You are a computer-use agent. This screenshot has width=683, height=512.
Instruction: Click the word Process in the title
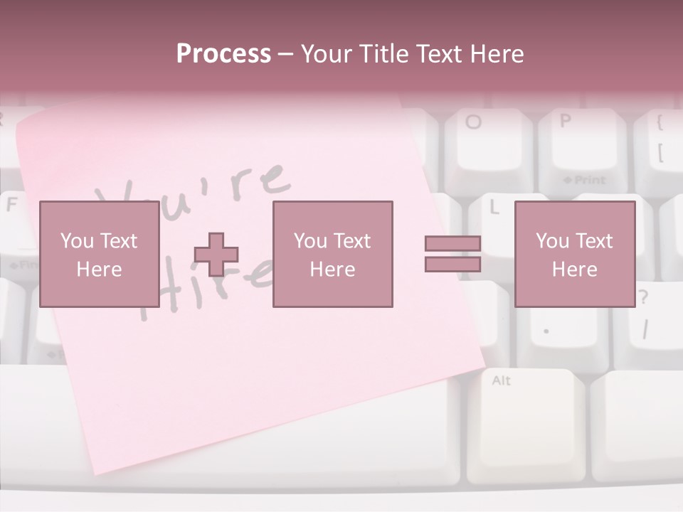point(223,54)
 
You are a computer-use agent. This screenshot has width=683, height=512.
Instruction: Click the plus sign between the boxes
point(216,255)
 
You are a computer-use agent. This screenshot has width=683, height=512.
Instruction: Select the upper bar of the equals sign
point(452,244)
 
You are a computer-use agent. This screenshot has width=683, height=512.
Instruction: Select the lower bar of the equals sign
point(452,264)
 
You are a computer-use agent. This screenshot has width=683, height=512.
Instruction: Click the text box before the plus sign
point(99,255)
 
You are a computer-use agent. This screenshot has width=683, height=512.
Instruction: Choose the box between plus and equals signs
point(332,255)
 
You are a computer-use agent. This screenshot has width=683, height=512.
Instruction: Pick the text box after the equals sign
point(574,255)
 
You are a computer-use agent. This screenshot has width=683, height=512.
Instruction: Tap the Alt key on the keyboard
point(501,381)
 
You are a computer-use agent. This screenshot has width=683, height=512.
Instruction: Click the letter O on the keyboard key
point(473,122)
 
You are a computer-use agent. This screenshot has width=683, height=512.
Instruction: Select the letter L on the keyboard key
point(494,208)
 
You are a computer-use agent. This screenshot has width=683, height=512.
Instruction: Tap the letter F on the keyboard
point(11,205)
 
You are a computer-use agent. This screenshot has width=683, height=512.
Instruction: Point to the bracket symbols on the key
point(660,139)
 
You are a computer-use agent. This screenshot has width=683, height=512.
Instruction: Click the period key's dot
point(546,331)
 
